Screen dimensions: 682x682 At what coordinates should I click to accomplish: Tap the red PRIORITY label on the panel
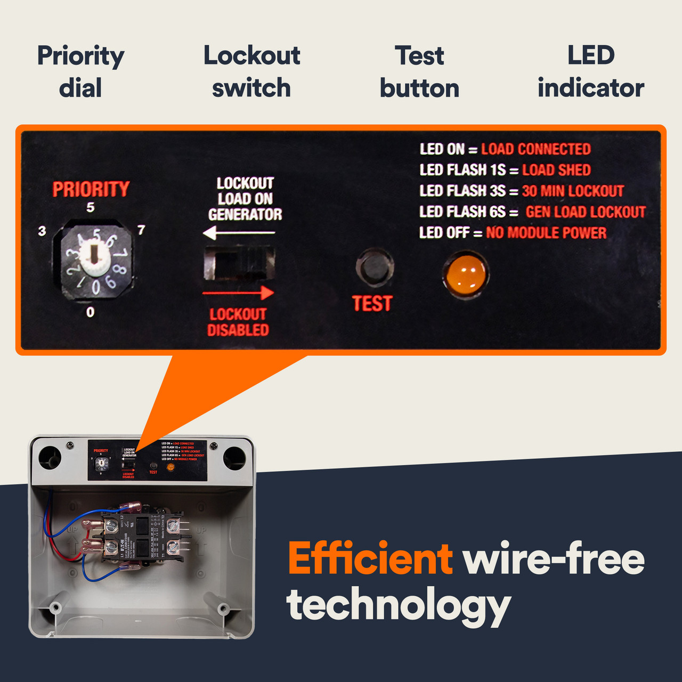coord(91,189)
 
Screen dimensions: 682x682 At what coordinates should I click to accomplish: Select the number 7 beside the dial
coord(141,230)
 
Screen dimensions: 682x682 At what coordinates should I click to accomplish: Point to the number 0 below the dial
coord(91,312)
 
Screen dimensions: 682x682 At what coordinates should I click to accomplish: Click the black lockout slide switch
coord(239,263)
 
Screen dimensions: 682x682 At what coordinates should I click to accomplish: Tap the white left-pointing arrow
coord(239,233)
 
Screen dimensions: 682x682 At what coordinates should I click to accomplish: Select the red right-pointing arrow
coord(239,293)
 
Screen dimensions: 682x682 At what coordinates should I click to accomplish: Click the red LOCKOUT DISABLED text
coord(238,322)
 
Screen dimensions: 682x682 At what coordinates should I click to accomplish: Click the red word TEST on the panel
coord(372,304)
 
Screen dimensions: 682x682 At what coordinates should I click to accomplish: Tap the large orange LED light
coord(465,273)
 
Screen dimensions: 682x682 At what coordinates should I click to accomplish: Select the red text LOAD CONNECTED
coord(535,149)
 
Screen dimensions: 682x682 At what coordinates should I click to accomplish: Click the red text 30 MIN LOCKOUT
coord(572,191)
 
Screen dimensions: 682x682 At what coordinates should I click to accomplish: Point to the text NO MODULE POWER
coord(546,233)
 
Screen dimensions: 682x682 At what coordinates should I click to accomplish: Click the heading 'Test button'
coord(419,72)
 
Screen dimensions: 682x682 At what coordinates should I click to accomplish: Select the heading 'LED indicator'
coord(590,72)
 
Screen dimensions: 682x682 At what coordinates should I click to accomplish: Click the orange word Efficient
coord(370,558)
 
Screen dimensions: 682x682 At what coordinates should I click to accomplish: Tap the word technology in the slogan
coord(399,605)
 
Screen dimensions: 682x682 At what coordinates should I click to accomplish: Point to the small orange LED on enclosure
coord(170,467)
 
